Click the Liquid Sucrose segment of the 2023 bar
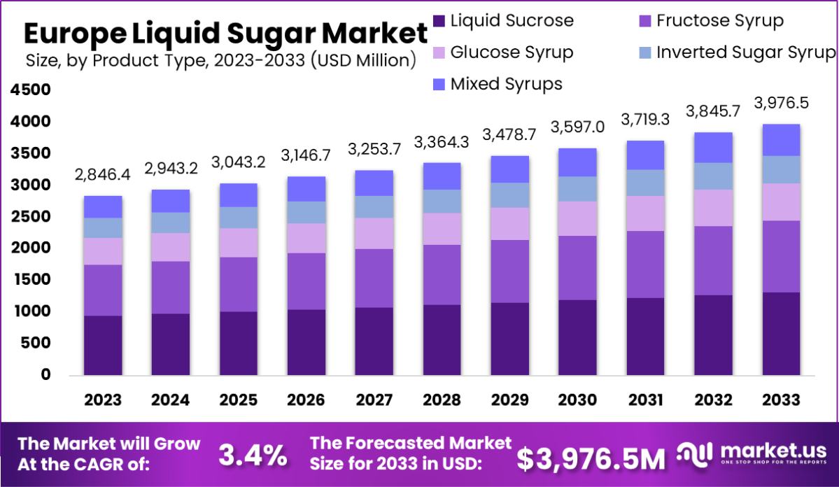[x=103, y=345]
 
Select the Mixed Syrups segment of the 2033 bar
[x=781, y=140]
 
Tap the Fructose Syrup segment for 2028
[x=442, y=274]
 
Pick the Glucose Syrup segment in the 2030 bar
[x=577, y=218]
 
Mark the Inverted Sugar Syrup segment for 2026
[x=306, y=212]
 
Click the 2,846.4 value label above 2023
[x=103, y=174]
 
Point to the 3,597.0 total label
[x=577, y=127]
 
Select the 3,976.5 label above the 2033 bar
[x=781, y=103]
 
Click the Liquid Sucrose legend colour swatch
[x=439, y=21]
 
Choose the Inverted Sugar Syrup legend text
[x=746, y=52]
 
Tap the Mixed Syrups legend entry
[x=505, y=84]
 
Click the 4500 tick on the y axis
[x=31, y=90]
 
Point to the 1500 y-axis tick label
[x=31, y=280]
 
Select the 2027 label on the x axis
[x=374, y=400]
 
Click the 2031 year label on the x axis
[x=645, y=400]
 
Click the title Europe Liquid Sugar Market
[x=225, y=33]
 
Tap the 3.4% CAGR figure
[x=253, y=456]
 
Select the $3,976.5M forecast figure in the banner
[x=591, y=458]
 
